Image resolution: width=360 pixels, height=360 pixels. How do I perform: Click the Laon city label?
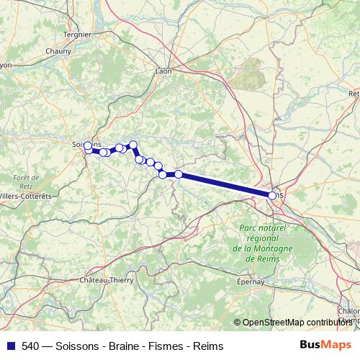point(163,71)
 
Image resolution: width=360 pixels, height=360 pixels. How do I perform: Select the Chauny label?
point(58,51)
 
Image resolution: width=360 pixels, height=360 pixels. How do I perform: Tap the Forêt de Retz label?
point(25,181)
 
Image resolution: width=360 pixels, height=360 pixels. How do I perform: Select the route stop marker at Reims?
point(272,195)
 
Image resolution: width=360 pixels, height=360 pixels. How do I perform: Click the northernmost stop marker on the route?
point(133,145)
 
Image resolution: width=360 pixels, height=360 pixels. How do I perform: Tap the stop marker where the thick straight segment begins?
point(179,174)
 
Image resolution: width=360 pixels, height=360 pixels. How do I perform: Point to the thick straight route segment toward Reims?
point(225,184)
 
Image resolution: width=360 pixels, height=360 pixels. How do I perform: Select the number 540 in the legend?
point(31,346)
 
